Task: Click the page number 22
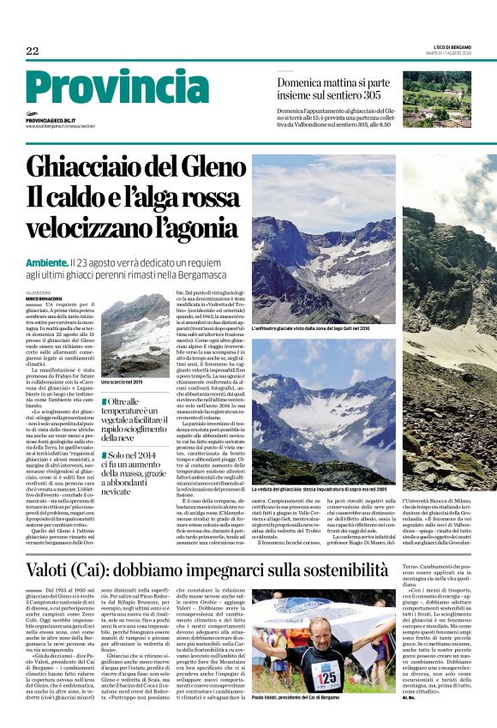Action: point(33,51)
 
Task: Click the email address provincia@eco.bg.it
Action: point(51,122)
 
